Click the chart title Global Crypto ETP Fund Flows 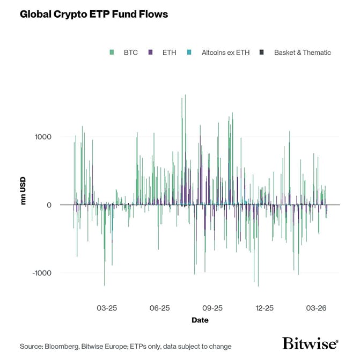click(x=94, y=14)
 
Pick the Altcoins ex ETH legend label click(x=226, y=53)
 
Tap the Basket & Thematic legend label click(x=302, y=53)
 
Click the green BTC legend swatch click(x=112, y=53)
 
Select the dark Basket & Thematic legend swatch click(x=261, y=53)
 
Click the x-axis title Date click(x=200, y=320)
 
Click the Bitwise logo click(x=310, y=343)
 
